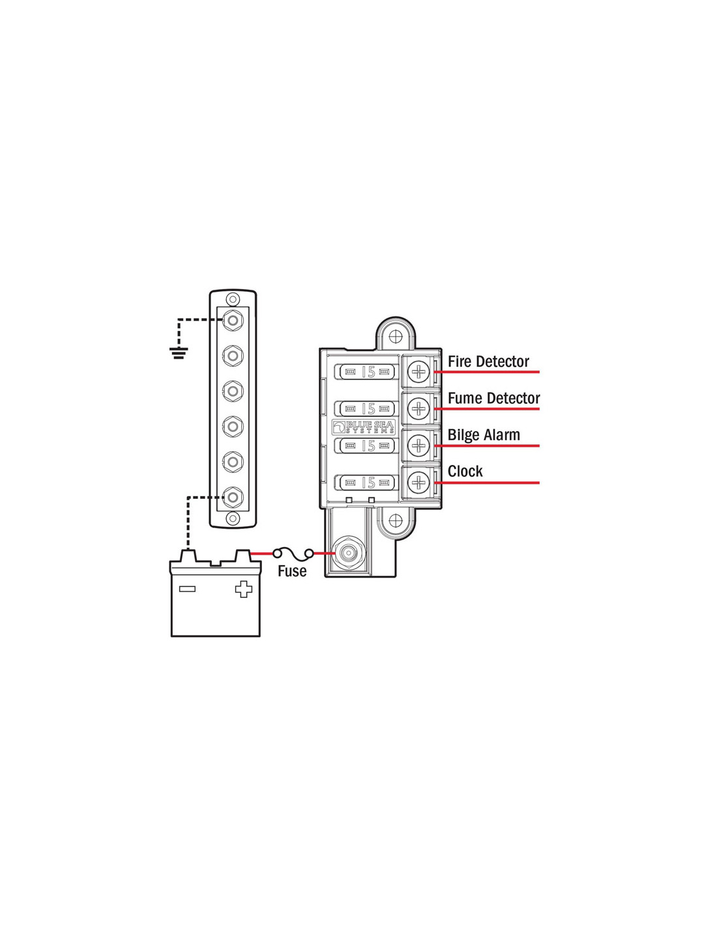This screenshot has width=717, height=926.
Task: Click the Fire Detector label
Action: click(x=488, y=361)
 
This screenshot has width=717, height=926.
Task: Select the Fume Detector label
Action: click(x=493, y=398)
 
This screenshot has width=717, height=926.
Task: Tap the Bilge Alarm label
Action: click(x=484, y=434)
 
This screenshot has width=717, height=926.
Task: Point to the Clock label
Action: click(x=465, y=471)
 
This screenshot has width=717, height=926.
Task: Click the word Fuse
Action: click(x=292, y=571)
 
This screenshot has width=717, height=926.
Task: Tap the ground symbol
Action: click(x=179, y=353)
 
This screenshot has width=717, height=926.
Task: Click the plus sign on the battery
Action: click(x=243, y=589)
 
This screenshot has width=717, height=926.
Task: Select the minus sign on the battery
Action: click(x=187, y=589)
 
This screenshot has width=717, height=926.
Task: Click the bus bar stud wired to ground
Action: click(x=233, y=320)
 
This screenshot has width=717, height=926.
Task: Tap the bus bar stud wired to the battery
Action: click(x=233, y=497)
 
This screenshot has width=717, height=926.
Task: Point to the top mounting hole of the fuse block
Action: click(x=396, y=336)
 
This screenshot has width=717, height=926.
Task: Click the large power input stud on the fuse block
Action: click(x=349, y=554)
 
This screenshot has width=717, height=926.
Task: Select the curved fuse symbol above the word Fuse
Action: click(x=293, y=554)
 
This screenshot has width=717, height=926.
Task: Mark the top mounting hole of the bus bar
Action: click(x=233, y=299)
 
